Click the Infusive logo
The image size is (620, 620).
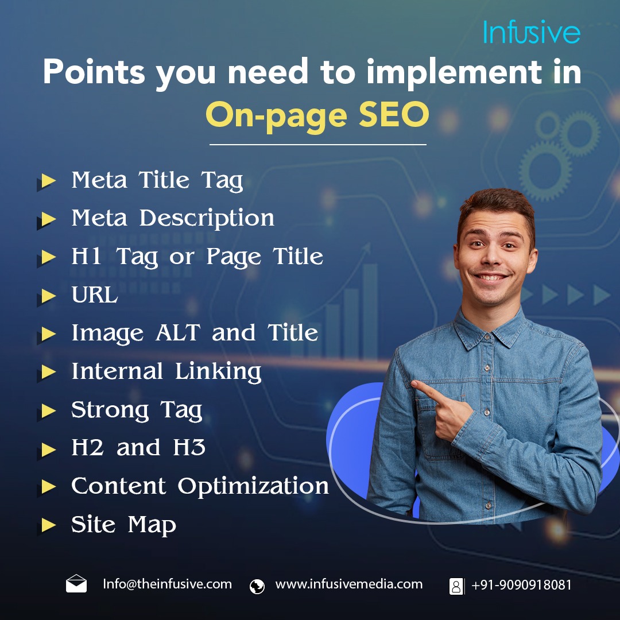(531, 32)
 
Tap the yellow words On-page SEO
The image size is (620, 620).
(317, 115)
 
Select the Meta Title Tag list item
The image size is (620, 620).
(157, 181)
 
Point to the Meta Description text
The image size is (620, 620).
(173, 219)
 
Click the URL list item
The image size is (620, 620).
(94, 296)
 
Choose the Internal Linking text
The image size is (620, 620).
(166, 372)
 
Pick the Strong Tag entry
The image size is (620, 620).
(137, 410)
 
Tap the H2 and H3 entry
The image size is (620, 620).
(138, 448)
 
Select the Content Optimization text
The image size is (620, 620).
(200, 487)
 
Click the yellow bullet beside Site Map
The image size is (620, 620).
(48, 525)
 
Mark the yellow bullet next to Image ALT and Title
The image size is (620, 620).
(48, 334)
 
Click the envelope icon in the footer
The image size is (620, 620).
(76, 584)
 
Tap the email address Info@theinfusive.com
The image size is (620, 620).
(167, 584)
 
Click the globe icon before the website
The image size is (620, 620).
(257, 586)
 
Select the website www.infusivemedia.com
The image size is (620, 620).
(348, 584)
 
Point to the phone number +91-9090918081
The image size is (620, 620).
(521, 585)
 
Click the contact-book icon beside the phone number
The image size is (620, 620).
(456, 586)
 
